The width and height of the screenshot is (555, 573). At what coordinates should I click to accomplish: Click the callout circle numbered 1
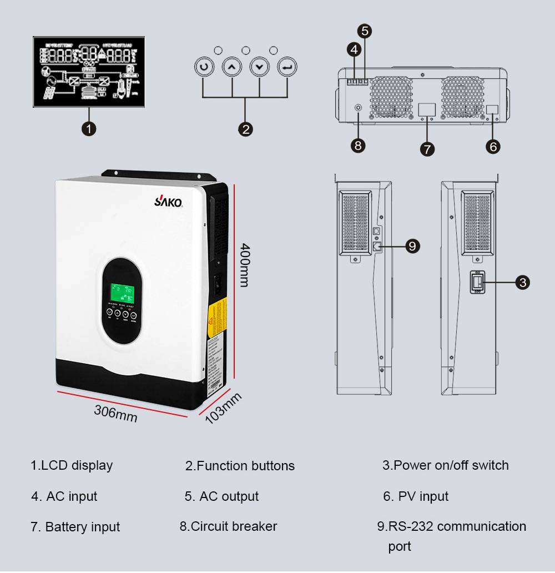pyautogui.click(x=89, y=129)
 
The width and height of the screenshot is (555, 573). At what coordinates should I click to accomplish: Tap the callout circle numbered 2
pyautogui.click(x=245, y=129)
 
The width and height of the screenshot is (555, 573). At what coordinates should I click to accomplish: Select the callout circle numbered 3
pyautogui.click(x=522, y=283)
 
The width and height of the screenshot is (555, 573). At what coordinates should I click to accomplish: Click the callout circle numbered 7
pyautogui.click(x=427, y=148)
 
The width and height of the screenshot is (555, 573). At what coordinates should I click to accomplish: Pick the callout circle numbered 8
pyautogui.click(x=358, y=145)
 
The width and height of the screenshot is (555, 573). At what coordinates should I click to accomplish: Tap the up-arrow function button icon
pyautogui.click(x=232, y=67)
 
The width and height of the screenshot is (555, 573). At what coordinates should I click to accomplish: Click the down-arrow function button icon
pyautogui.click(x=259, y=67)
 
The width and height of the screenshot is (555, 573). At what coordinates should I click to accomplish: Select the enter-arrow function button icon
pyautogui.click(x=287, y=67)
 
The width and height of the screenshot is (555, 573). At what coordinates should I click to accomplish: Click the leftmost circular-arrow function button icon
pyautogui.click(x=204, y=67)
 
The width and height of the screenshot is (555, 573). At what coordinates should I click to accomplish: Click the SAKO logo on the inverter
pyautogui.click(x=168, y=202)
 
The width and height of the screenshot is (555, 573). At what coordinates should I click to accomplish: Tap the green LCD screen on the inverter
pyautogui.click(x=122, y=293)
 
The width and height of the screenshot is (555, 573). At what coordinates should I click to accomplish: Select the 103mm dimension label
pyautogui.click(x=224, y=408)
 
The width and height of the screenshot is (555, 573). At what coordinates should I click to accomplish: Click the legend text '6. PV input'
pyautogui.click(x=416, y=496)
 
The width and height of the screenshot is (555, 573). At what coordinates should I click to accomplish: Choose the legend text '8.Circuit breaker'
pyautogui.click(x=228, y=526)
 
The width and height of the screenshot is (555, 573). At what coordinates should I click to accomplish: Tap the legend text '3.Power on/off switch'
pyautogui.click(x=445, y=465)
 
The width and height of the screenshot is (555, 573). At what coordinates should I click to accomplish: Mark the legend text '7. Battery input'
pyautogui.click(x=75, y=527)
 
